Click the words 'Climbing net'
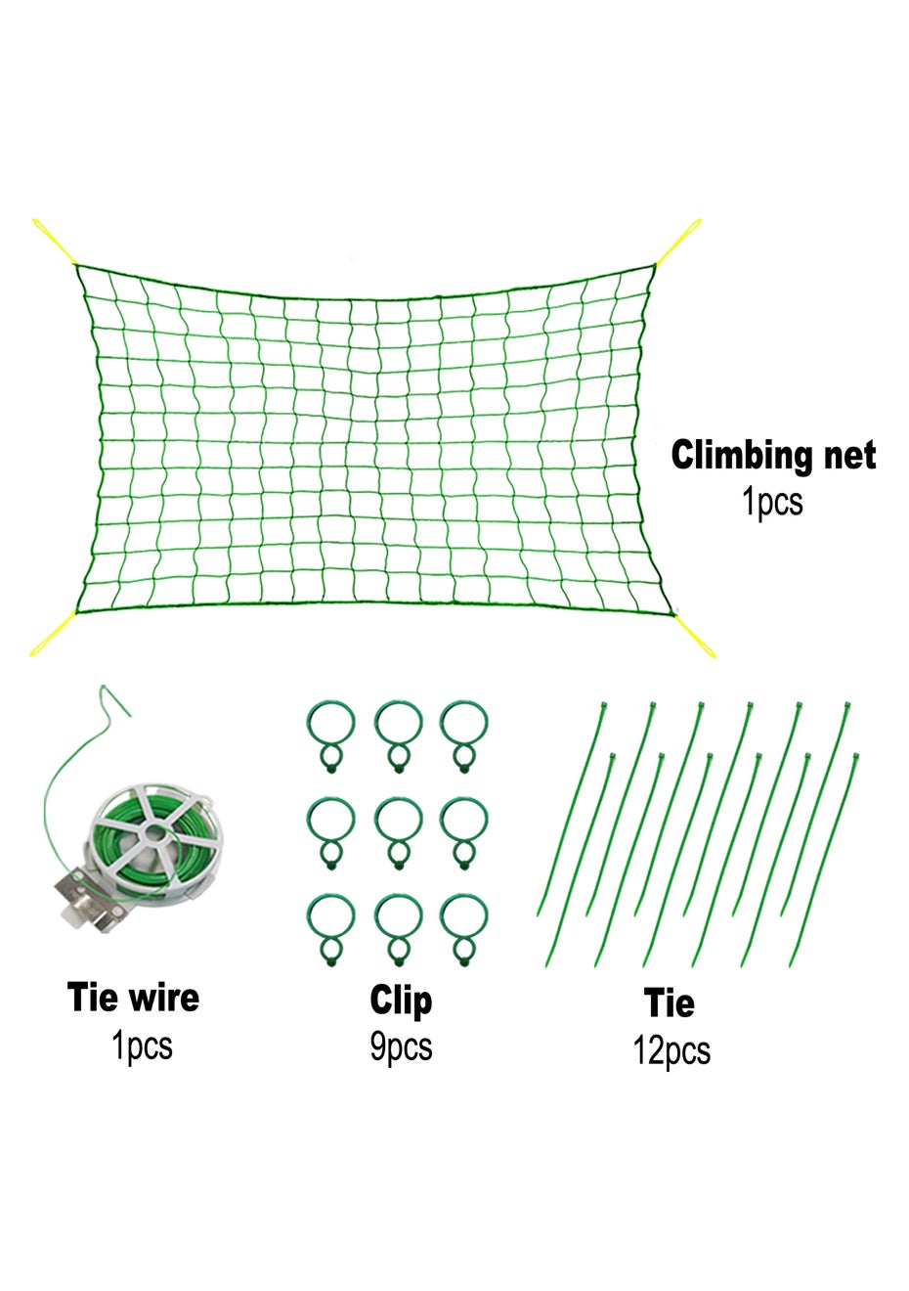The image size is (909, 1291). tap(773, 457)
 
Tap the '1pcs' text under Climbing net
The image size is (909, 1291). tap(772, 503)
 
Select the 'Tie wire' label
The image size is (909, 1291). tap(133, 998)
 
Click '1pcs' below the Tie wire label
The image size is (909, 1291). tap(143, 1046)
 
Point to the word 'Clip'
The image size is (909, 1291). tap(401, 1001)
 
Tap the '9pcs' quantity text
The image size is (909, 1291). tap(401, 1047)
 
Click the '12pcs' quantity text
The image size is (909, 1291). tap(671, 1050)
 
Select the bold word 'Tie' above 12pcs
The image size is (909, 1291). tap(670, 1003)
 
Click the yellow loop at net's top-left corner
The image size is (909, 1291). tap(54, 240)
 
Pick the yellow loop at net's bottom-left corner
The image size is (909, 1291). tap(51, 637)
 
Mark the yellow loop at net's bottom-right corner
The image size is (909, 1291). tap(697, 635)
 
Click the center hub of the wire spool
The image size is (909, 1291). tap(151, 832)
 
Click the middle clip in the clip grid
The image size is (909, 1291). tap(398, 830)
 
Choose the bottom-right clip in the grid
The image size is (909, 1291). tap(463, 927)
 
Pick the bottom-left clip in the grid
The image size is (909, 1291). tap(331, 927)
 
